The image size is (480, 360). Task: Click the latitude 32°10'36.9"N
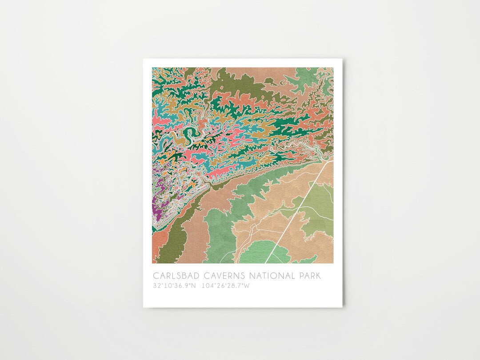174,286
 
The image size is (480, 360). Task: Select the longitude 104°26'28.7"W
226,286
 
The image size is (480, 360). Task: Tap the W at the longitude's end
247,286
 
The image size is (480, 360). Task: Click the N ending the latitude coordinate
193,286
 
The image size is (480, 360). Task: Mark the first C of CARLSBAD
156,276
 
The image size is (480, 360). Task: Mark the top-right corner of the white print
343,59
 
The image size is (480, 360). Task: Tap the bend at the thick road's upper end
328,163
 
